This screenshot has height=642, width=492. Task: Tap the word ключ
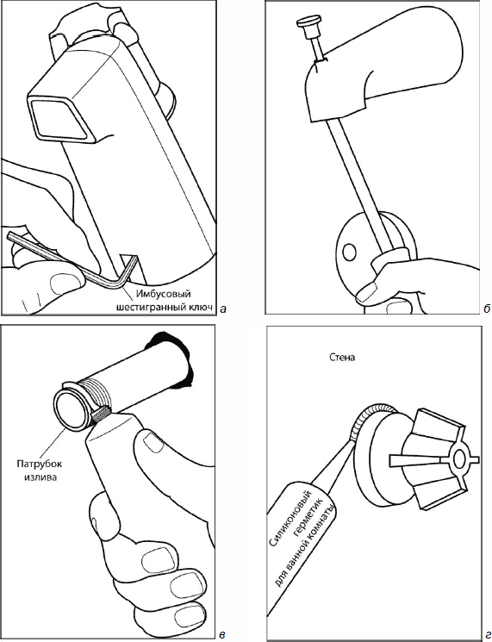click(x=202, y=308)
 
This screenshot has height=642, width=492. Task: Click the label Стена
click(x=342, y=358)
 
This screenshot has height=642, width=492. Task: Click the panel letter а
click(x=222, y=309)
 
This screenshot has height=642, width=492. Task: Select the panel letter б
click(x=486, y=309)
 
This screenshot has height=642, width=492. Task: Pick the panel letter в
click(x=221, y=635)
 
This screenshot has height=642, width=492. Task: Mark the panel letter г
click(x=486, y=634)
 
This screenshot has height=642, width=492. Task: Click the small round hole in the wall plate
click(x=349, y=252)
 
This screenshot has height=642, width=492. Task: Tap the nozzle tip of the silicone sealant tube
click(x=353, y=442)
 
